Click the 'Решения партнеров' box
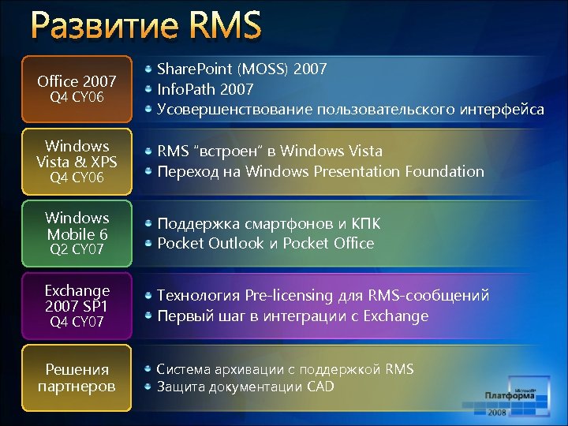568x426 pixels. (x=77, y=378)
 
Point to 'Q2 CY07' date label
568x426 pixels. (x=77, y=249)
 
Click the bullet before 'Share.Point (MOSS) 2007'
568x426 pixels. (x=148, y=69)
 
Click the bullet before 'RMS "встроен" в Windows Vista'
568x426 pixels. (x=148, y=151)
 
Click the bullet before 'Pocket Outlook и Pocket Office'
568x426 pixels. (x=148, y=243)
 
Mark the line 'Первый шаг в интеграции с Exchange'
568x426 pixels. (x=293, y=316)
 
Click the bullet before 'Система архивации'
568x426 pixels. (x=148, y=369)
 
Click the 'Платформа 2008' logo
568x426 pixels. (x=512, y=401)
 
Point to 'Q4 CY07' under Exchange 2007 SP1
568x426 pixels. (x=77, y=322)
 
